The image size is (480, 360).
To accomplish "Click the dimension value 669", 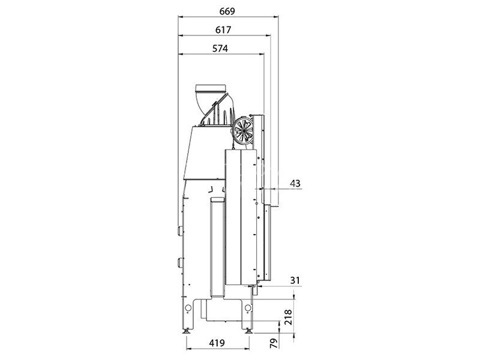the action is (x=227, y=11).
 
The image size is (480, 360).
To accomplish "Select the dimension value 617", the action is (x=223, y=30).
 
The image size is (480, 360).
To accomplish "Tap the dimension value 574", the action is (x=220, y=49).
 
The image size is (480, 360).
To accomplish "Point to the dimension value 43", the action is (x=295, y=184).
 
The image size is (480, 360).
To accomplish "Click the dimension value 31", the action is (x=295, y=280).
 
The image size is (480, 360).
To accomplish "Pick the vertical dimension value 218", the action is (x=289, y=317).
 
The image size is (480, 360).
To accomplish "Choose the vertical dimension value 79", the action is (x=275, y=343).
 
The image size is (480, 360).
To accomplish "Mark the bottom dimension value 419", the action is (x=217, y=343).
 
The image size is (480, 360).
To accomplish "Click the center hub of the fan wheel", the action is (x=244, y=130).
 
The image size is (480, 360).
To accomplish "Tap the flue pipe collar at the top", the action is (x=211, y=88).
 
